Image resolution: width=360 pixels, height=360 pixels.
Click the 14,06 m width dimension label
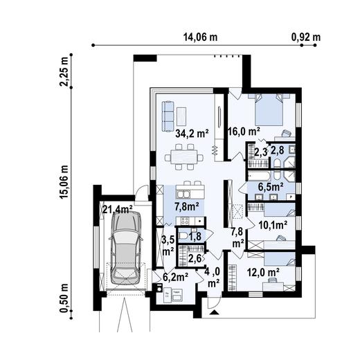point(199,36)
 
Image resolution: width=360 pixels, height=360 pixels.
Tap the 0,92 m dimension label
point(306,36)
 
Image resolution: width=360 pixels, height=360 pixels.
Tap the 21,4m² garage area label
point(117,209)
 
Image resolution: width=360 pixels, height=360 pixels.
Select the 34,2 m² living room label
point(192,134)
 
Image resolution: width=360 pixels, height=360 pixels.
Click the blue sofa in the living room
point(168,116)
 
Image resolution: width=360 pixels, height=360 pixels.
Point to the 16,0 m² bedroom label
point(244,130)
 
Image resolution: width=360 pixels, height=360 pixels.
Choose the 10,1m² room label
point(273,224)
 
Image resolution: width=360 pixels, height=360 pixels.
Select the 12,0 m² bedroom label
point(263,273)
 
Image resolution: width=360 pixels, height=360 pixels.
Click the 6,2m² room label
point(175,278)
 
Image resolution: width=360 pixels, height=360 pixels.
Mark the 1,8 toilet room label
point(195,237)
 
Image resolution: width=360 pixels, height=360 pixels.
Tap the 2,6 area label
point(195,259)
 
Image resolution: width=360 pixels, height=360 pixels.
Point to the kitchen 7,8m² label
point(186,206)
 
